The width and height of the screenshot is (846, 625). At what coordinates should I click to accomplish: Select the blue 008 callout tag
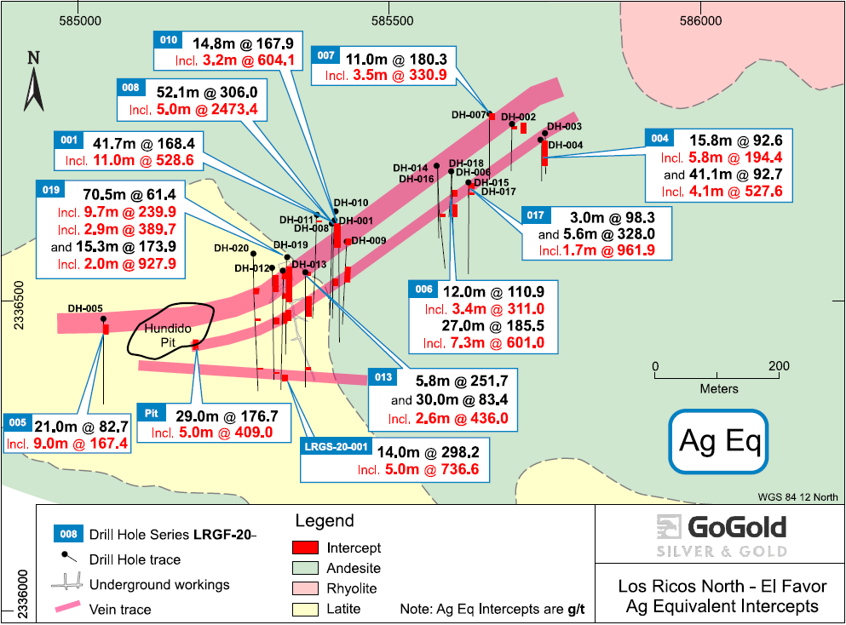[x=130, y=85]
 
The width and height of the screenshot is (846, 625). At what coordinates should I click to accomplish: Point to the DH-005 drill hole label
[x=85, y=308]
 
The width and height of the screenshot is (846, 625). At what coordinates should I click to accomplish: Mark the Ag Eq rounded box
[x=718, y=441]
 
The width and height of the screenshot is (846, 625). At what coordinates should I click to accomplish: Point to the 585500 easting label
[x=392, y=18]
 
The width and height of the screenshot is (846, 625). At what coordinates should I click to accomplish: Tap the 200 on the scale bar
[x=778, y=366]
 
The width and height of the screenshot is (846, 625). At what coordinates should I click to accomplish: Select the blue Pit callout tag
[x=153, y=414]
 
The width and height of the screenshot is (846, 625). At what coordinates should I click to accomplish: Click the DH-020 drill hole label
[x=231, y=249]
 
